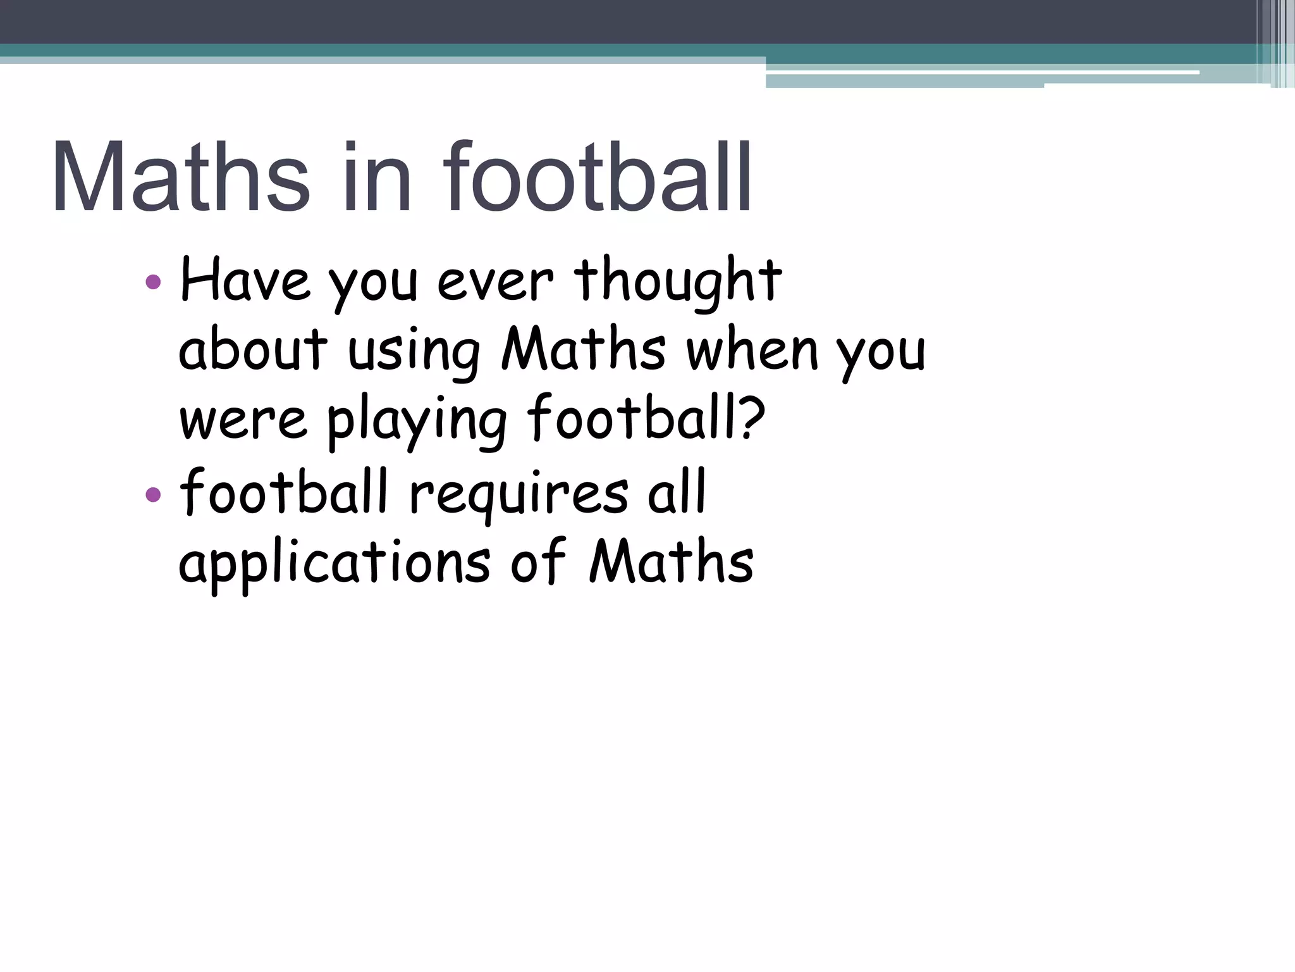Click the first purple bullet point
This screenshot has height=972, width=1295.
(x=153, y=281)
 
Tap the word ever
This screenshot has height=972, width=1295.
(x=495, y=282)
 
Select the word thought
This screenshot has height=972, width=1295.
(x=678, y=282)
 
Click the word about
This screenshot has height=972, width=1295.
(x=253, y=350)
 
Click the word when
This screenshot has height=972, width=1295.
(x=752, y=350)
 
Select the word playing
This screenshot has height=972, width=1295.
(x=417, y=421)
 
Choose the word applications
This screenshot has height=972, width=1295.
(x=334, y=563)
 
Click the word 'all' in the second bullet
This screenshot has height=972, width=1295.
(x=677, y=492)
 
